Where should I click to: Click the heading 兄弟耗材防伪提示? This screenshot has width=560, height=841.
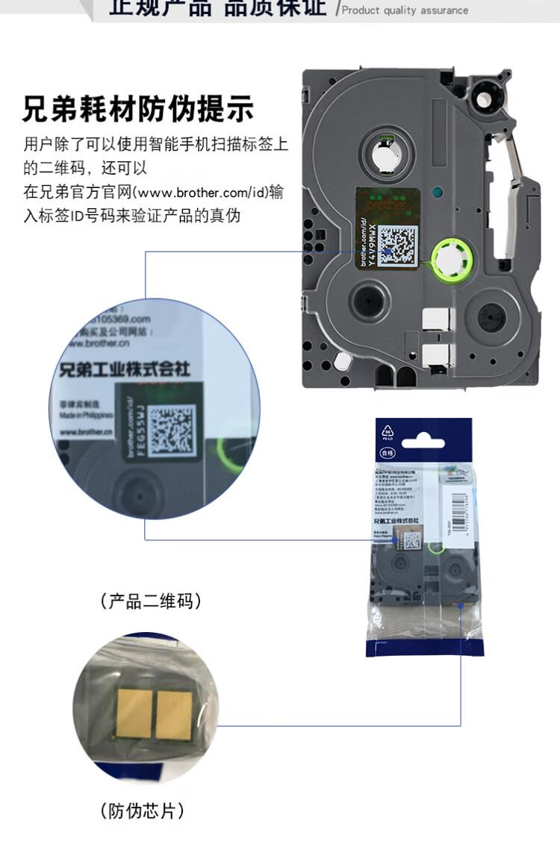click(138, 109)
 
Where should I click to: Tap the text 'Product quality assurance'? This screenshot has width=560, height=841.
click(405, 10)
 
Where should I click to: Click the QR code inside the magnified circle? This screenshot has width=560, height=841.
click(171, 430)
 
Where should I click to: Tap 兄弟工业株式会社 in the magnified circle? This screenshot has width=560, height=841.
click(124, 368)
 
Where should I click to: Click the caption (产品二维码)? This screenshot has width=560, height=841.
click(151, 601)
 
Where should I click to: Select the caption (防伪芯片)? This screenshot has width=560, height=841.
click(142, 810)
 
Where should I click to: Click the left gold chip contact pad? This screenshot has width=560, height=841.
click(134, 708)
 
